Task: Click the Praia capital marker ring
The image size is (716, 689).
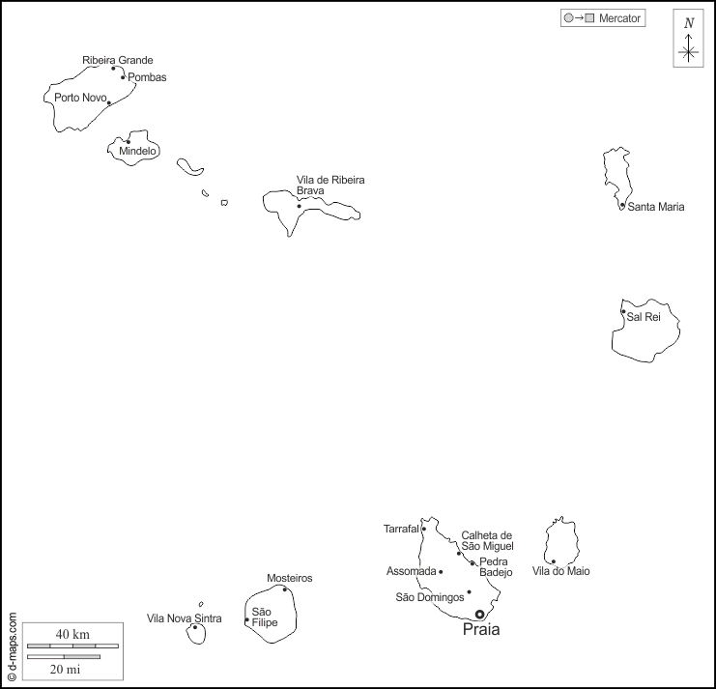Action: [x=479, y=614]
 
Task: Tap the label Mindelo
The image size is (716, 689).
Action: [x=138, y=152]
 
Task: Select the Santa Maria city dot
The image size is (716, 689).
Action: [x=622, y=205]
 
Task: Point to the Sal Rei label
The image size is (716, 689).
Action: [x=644, y=317]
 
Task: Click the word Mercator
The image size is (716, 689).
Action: [x=619, y=18]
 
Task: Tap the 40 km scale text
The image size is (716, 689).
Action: [x=72, y=634]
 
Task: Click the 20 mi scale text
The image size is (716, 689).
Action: [x=65, y=669]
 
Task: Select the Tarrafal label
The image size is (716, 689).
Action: [x=401, y=529]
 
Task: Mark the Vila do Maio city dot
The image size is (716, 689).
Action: [x=554, y=561]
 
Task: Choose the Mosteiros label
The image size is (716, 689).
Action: [x=290, y=578]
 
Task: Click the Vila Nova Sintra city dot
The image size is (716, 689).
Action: [x=195, y=627]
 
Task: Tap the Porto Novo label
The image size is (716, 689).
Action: [x=80, y=98]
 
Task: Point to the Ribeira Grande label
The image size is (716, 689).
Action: [x=117, y=60]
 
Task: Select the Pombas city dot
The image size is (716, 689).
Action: [x=123, y=77]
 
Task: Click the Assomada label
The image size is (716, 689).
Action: [x=412, y=571]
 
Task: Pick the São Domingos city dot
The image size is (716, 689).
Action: [x=469, y=592]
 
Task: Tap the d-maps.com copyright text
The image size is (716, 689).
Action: [x=12, y=646]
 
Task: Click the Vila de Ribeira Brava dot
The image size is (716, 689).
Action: [x=300, y=206]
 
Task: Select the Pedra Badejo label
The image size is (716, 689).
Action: [x=495, y=567]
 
